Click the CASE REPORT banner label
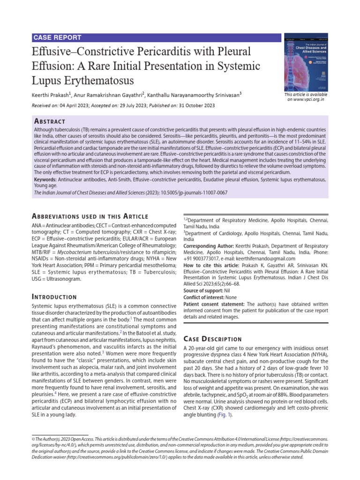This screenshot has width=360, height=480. [57, 37]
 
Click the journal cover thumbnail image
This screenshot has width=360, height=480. [306, 62]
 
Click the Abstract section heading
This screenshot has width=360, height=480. [50, 121]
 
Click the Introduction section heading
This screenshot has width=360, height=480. [54, 297]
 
